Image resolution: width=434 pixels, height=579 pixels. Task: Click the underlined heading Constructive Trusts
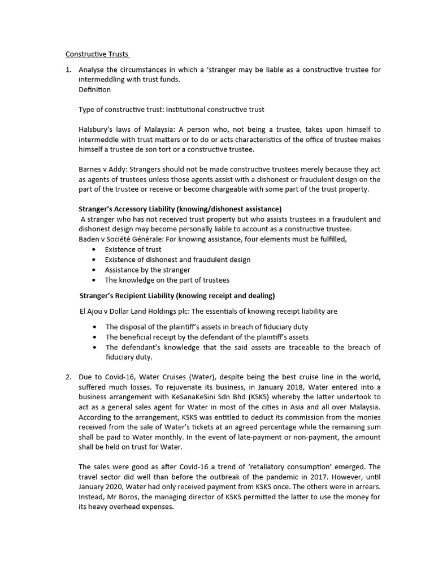coord(97,54)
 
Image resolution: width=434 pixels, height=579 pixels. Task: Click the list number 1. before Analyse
coord(68,70)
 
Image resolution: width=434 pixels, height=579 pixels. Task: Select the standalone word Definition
coord(94,89)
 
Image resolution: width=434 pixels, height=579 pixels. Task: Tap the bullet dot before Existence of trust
coord(93,249)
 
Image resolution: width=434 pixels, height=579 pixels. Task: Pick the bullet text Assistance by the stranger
coord(147,270)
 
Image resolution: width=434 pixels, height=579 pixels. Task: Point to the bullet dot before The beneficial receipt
coord(93,337)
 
